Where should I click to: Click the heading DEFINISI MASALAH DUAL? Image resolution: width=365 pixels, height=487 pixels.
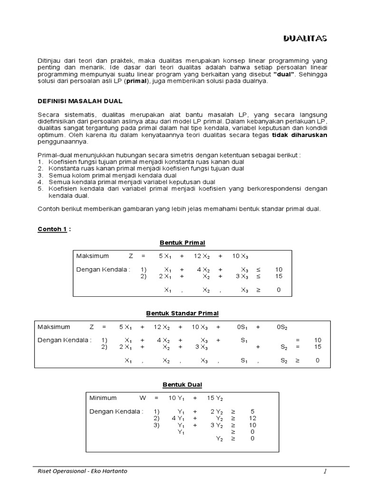80,101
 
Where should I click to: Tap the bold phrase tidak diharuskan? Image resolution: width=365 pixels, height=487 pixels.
299,135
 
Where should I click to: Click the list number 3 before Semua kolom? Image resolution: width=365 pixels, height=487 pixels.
40,175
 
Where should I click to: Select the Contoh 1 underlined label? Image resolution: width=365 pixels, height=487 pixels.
52,229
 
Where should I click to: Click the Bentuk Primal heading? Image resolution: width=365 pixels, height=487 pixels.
182,243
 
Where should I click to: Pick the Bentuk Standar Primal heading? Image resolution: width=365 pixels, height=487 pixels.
182,313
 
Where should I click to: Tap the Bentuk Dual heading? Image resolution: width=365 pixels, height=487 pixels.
182,384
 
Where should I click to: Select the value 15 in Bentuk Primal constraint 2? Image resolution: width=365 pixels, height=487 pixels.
279,276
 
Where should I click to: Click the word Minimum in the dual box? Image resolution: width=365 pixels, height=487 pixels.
103,398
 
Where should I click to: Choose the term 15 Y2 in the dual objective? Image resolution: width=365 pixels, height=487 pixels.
215,398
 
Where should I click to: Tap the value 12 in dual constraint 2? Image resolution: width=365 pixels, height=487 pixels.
252,419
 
